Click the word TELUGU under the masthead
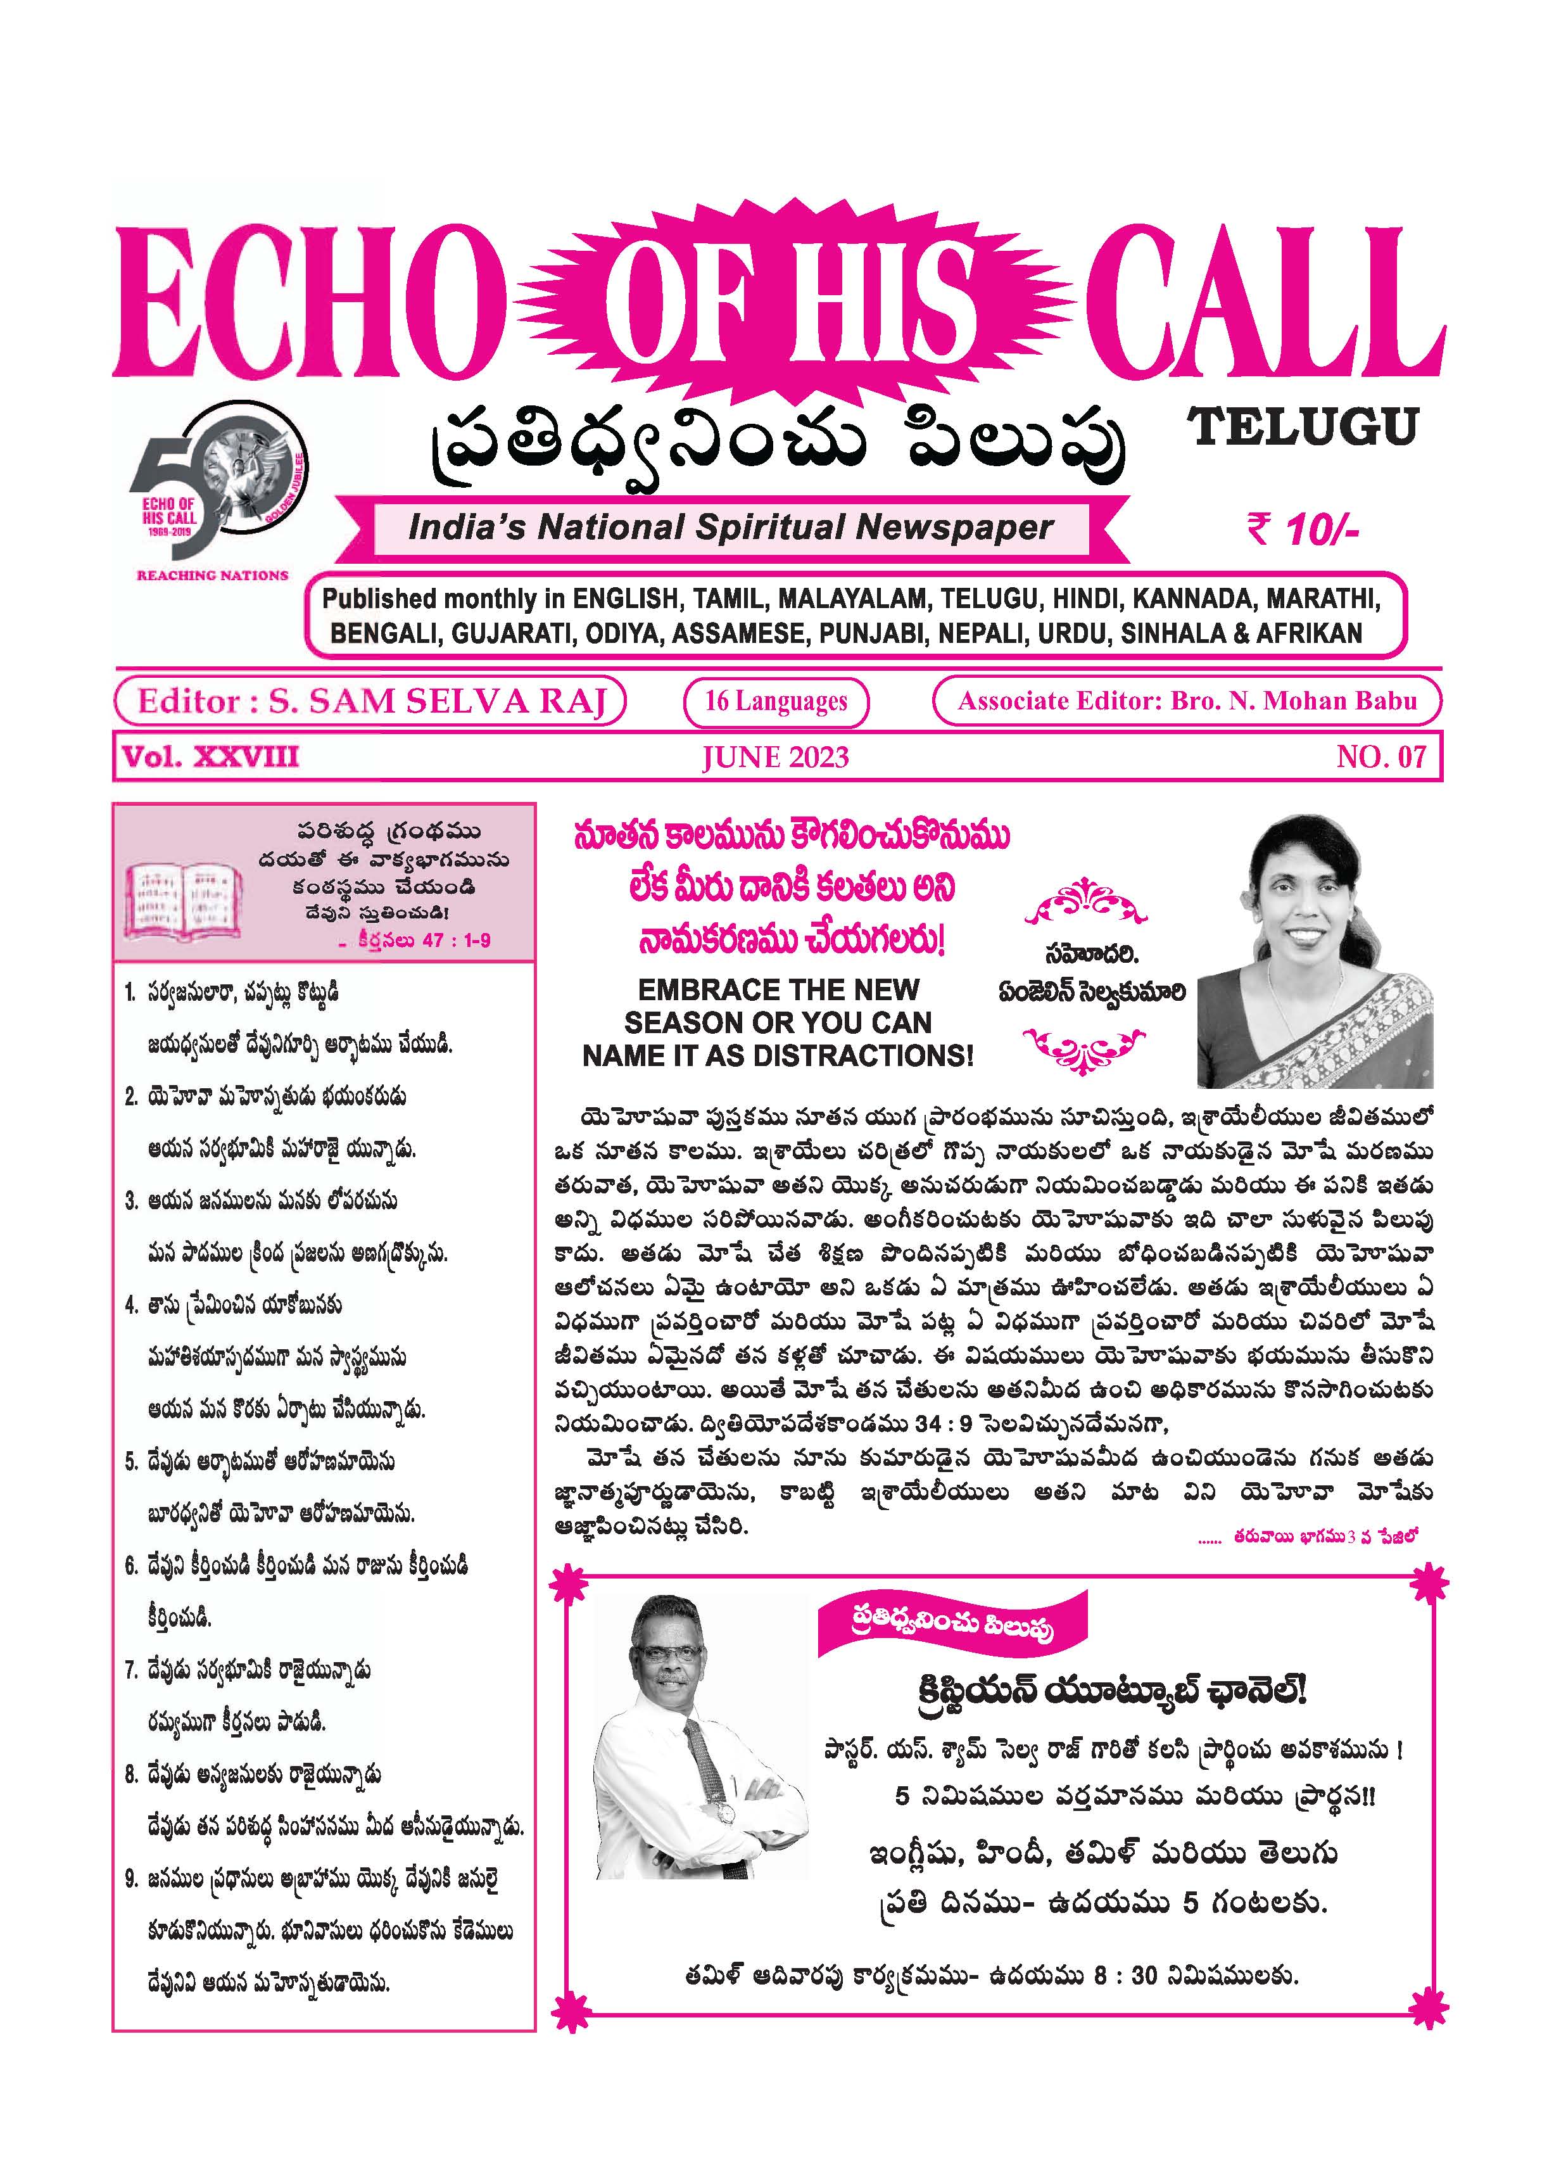click(1303, 427)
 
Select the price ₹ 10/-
click(1303, 528)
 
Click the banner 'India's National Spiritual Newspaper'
click(730, 527)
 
